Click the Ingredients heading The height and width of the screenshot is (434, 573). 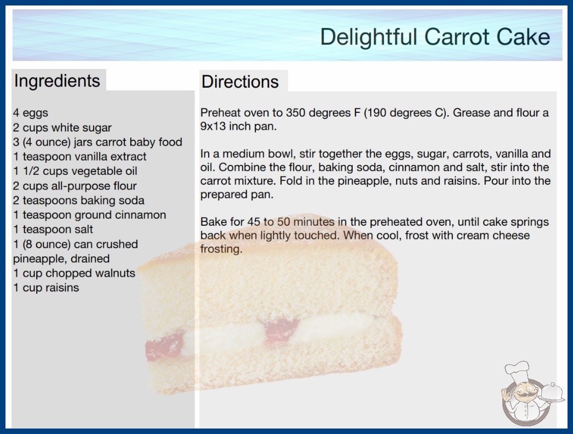click(57, 81)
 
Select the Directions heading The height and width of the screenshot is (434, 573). click(240, 82)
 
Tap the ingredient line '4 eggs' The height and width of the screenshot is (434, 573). click(31, 113)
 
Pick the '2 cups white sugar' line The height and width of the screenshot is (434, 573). click(62, 128)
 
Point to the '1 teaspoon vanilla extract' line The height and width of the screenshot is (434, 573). click(79, 157)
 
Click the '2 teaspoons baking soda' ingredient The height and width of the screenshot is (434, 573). click(78, 201)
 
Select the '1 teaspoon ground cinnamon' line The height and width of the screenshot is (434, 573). click(89, 215)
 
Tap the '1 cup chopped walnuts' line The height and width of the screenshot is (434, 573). click(74, 273)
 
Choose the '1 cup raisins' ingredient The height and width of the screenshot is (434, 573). click(46, 288)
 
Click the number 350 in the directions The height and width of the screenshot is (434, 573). click(295, 113)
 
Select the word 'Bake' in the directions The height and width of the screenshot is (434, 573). click(213, 221)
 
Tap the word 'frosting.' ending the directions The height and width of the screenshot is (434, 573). click(221, 249)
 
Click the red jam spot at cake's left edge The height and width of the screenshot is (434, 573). click(164, 346)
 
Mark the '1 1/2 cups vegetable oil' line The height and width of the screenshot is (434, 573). click(75, 171)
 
